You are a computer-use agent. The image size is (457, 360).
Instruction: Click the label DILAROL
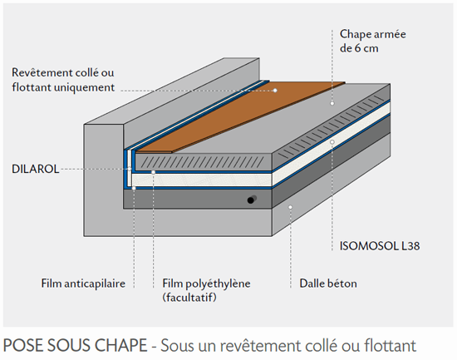point(35,170)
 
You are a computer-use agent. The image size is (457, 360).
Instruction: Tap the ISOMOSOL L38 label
point(380,246)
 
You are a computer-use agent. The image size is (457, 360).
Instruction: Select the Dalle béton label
point(328,284)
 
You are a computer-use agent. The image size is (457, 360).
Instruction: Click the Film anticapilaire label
point(83,284)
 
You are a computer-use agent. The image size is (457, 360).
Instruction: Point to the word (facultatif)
point(189,298)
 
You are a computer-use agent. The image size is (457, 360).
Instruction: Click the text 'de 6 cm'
point(359,48)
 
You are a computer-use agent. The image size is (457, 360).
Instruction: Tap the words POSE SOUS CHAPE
point(75,345)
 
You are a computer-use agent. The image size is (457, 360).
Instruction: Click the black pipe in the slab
point(252,200)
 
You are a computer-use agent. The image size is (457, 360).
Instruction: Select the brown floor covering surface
point(240,116)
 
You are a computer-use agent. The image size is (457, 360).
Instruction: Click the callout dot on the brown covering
point(275,91)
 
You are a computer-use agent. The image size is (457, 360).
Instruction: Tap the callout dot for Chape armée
point(332,103)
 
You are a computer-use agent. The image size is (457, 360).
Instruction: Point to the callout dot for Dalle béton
point(290,207)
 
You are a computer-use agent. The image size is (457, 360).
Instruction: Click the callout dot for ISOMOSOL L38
point(332,142)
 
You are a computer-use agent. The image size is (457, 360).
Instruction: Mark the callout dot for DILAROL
point(130,169)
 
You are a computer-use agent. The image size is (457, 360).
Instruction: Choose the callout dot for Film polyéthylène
point(154,172)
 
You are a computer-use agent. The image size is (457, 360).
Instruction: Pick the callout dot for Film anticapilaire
point(134,188)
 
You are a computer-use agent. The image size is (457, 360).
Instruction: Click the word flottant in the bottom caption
point(390,346)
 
